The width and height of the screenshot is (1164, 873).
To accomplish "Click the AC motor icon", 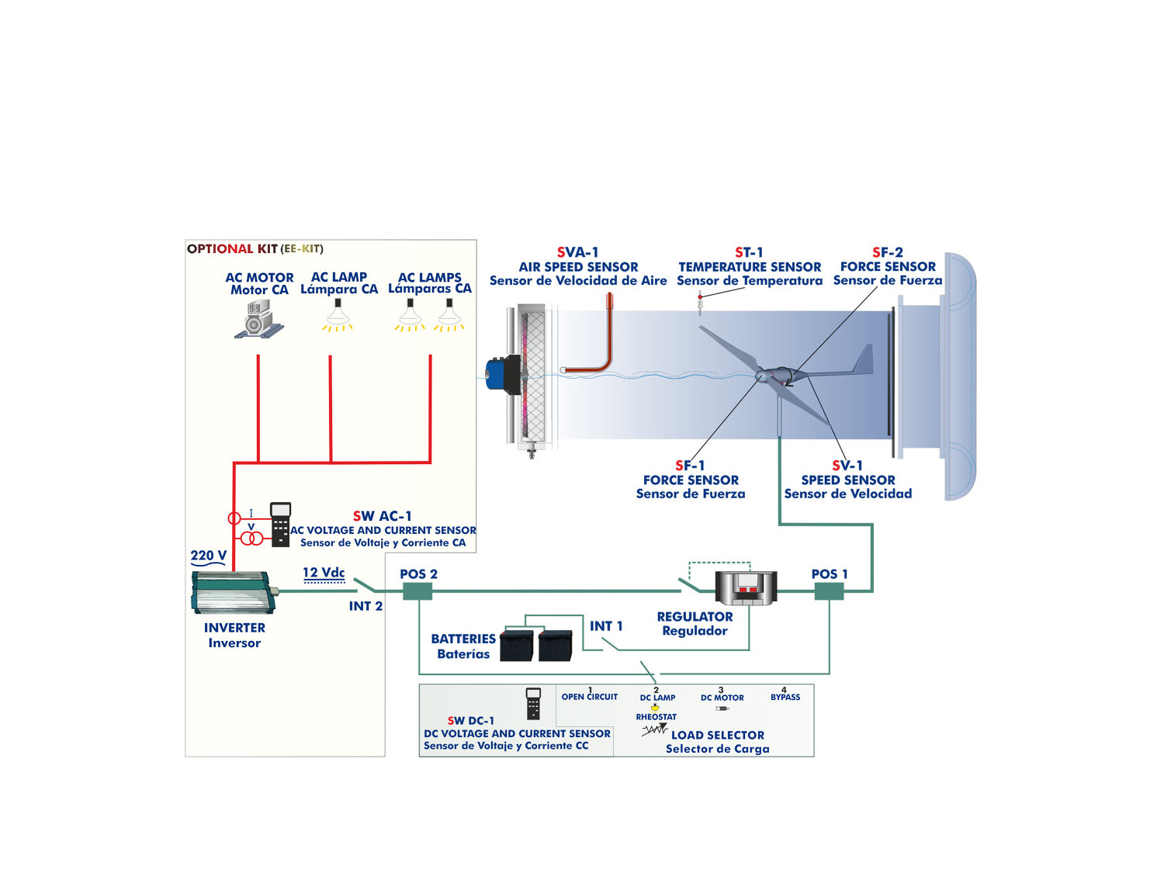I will point(258,319).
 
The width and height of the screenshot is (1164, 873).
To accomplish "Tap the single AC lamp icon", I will point(338,314).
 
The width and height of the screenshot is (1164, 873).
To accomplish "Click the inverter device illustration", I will point(233,593).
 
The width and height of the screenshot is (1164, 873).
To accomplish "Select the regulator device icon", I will point(746,587).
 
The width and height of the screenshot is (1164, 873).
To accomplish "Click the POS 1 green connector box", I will point(829,592).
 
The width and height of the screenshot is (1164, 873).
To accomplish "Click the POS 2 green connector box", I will point(417,592).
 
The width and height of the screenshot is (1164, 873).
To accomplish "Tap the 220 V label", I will point(208,556).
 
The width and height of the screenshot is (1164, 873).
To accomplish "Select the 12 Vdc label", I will point(324,573).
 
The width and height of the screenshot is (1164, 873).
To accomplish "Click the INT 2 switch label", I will point(365,606).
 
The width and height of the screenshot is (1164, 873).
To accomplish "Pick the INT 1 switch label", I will point(606,626).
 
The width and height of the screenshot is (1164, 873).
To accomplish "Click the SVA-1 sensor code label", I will point(577,252).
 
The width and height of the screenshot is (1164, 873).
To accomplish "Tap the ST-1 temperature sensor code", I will point(749,252).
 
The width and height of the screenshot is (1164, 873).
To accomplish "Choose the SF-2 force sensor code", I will point(887,252).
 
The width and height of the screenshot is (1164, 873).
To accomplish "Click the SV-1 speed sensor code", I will point(847,466).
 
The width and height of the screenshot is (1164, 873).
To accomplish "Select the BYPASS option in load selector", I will point(785,697).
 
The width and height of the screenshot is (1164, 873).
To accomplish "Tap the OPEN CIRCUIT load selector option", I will point(590,697).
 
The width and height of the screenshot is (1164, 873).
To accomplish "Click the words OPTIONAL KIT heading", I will point(232,249).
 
